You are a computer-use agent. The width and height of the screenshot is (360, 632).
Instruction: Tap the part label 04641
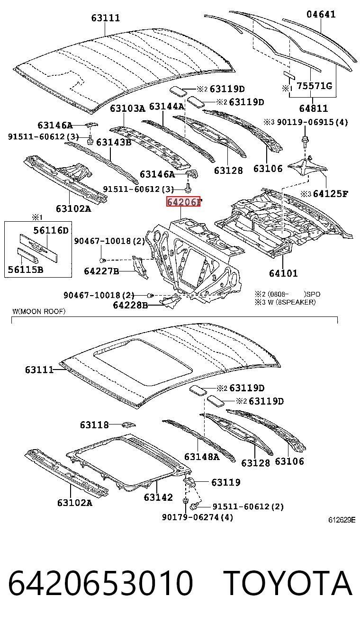[321, 14]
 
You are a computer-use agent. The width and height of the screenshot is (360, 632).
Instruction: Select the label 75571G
[315, 86]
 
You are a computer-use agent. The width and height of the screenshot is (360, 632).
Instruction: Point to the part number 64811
[314, 108]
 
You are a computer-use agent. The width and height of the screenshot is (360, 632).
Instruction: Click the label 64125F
[331, 194]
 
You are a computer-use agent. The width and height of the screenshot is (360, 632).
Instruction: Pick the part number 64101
[283, 273]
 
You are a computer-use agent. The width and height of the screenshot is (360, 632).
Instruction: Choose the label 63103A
[127, 108]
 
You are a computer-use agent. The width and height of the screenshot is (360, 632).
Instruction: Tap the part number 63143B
[114, 142]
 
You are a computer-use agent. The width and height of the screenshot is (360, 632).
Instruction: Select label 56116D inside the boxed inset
[51, 231]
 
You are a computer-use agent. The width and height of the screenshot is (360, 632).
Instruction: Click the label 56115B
[26, 270]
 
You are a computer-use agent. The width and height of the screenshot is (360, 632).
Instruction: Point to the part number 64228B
[130, 305]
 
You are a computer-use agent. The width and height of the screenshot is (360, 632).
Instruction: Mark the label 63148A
[202, 457]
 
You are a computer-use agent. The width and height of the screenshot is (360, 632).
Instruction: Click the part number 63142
[158, 497]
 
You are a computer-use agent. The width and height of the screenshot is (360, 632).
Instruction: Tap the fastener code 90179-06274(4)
[198, 517]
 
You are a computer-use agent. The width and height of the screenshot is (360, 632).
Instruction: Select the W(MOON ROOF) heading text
[39, 311]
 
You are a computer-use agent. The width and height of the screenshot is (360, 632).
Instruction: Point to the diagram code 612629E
[342, 520]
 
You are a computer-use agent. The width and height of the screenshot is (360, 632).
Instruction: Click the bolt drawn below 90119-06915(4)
[305, 141]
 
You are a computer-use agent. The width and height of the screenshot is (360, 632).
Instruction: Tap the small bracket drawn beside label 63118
[129, 424]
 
